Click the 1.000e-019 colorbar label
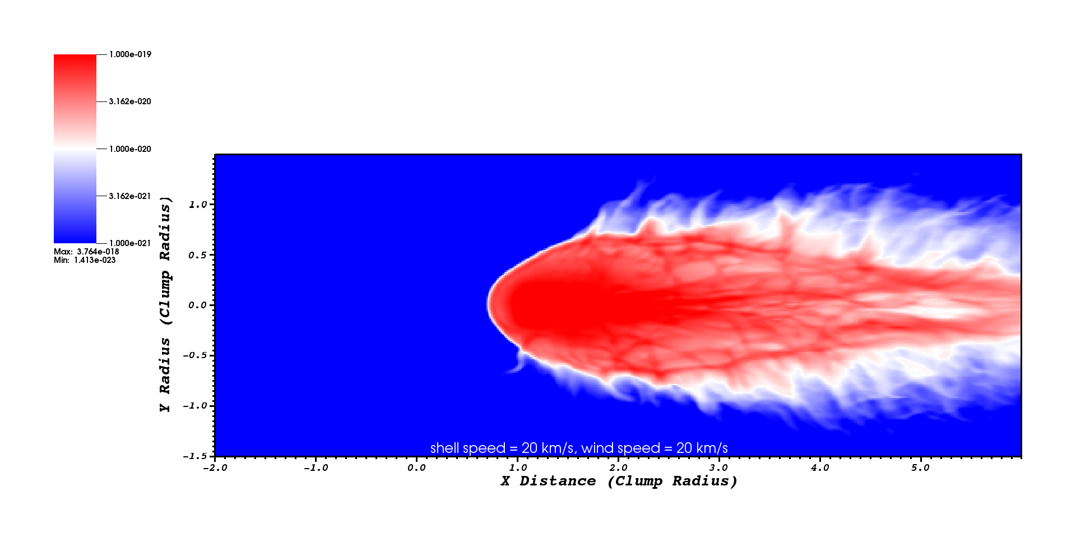coord(130,54)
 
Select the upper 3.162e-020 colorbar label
coord(130,101)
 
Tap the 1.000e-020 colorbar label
coord(130,149)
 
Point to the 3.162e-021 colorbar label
coord(130,196)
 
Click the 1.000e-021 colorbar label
coord(130,243)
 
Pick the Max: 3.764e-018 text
coord(86,252)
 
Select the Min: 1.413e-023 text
coord(85,260)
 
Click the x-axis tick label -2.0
coord(215,467)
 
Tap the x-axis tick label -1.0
coord(316,467)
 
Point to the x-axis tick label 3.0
coord(719,467)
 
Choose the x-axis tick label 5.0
coord(921,467)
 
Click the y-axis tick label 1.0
coord(198,205)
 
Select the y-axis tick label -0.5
coord(195,355)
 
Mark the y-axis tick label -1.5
coord(195,456)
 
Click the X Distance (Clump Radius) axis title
coord(619,482)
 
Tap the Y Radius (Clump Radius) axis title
coord(165,304)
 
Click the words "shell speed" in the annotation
coord(468,448)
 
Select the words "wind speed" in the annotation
coord(621,448)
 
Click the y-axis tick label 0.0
coord(198,305)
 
